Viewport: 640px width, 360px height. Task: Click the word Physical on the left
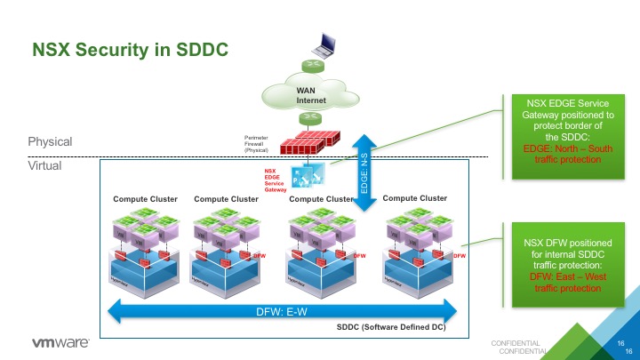[x=51, y=142]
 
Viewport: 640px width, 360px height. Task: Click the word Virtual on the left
[x=45, y=164]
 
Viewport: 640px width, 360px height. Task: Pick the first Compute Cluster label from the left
[x=145, y=199]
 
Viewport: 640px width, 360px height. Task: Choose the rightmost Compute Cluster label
[x=414, y=198]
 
